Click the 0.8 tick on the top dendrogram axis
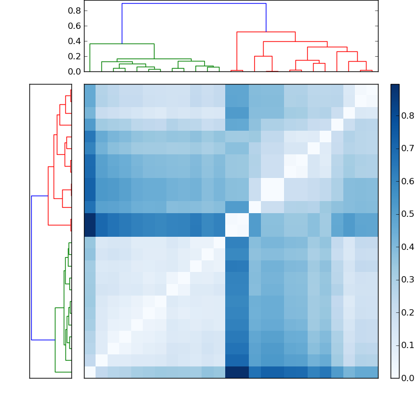[75, 10]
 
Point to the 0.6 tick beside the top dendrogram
[75, 26]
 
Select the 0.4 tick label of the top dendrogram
[75, 41]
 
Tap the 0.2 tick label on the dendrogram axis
[75, 56]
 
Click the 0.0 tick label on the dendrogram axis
[75, 71]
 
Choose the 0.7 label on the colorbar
[407, 149]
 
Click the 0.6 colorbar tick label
[407, 181]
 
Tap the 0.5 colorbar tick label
[407, 214]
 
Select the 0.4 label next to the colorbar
[407, 247]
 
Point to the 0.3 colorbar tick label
[407, 279]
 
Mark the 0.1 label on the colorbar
[407, 345]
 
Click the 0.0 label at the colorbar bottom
[407, 377]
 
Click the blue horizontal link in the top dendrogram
[194, 4]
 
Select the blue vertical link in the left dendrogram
[31, 268]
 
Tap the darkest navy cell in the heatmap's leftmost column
[90, 225]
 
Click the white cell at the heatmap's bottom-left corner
[90, 372]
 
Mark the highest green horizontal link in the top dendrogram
[122, 44]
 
